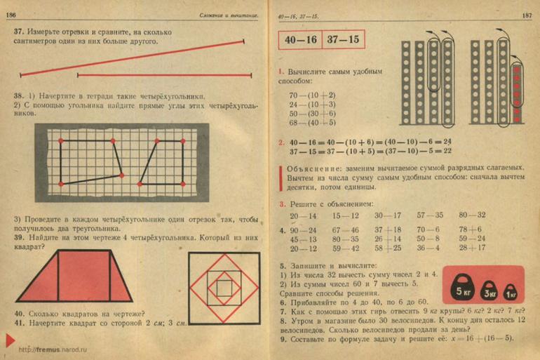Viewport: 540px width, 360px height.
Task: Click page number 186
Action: point(11,15)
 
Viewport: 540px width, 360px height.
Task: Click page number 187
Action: point(527,15)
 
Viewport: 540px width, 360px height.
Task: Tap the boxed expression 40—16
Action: point(299,40)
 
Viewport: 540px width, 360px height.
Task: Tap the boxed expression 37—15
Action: point(344,40)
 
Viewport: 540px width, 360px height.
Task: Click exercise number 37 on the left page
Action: point(19,32)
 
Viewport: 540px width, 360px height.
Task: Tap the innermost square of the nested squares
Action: point(222,287)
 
